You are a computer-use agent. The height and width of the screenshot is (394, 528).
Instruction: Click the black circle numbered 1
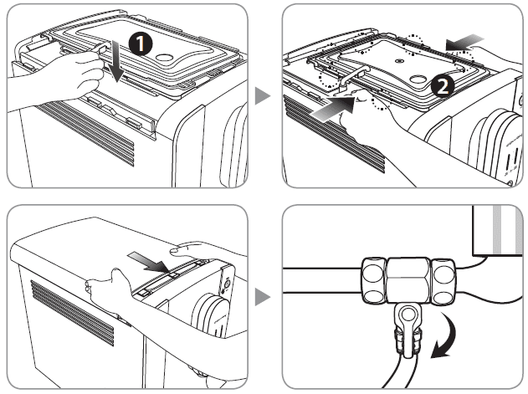click(x=140, y=45)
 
